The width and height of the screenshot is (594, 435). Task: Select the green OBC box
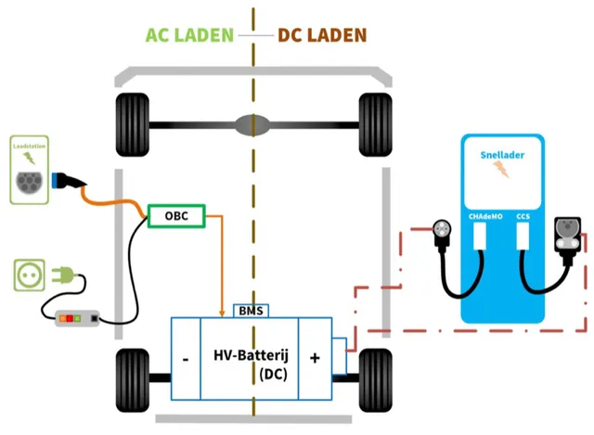pos(176,216)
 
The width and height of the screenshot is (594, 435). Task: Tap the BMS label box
pos(249,312)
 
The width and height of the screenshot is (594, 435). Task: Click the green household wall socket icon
pos(30,275)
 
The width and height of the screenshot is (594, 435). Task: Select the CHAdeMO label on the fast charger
pos(483,217)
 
